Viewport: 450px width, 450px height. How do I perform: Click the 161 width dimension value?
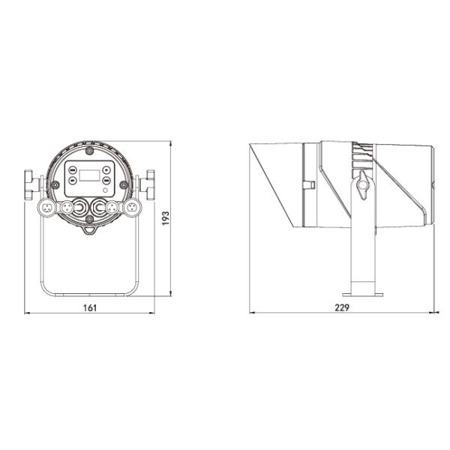click(x=90, y=307)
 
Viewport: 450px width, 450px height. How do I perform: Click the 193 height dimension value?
click(x=166, y=218)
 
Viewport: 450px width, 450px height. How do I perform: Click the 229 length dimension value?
click(x=342, y=307)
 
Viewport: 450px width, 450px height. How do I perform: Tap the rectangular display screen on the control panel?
click(x=89, y=175)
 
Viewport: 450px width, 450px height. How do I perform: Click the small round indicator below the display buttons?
click(x=105, y=190)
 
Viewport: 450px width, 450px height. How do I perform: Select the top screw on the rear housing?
click(x=90, y=151)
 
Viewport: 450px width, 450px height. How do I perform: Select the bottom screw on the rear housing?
click(x=90, y=220)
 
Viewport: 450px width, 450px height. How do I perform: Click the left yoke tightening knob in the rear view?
click(x=31, y=184)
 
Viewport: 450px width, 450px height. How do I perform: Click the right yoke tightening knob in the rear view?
click(x=148, y=184)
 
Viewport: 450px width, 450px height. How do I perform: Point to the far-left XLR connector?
click(x=46, y=207)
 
